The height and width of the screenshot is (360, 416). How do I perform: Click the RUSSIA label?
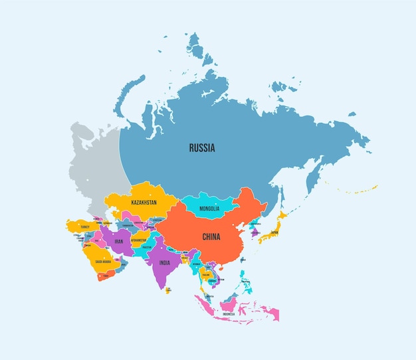[x=201, y=148]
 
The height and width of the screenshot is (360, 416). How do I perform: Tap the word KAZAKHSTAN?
[x=144, y=202]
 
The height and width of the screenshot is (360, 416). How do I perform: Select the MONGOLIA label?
[x=209, y=209]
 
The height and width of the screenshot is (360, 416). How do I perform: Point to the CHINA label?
[x=211, y=236]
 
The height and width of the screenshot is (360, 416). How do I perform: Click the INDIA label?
[x=164, y=262]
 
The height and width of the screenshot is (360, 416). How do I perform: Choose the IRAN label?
[x=119, y=242]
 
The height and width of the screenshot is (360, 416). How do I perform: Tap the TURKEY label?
[x=85, y=226]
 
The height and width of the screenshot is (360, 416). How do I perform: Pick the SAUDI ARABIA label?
[x=103, y=262]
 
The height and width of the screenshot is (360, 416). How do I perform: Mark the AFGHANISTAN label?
[x=138, y=240]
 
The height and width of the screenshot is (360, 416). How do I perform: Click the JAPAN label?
[x=274, y=232]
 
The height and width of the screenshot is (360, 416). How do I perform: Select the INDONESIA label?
[x=229, y=314]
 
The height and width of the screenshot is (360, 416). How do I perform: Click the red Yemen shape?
[x=106, y=274]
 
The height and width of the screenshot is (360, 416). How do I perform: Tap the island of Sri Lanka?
[x=167, y=290]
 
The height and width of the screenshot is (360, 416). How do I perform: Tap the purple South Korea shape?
[x=254, y=232]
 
